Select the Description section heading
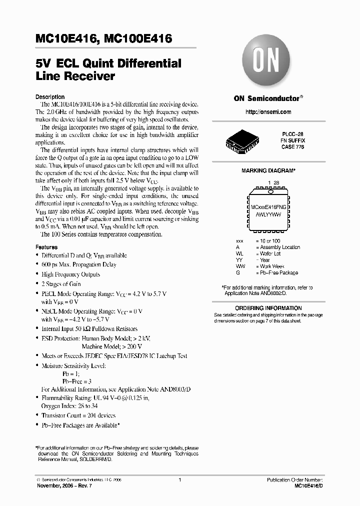[x=50, y=96]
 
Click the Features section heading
[x=46, y=247]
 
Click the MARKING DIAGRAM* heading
[x=268, y=170]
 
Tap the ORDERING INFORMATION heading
[x=268, y=308]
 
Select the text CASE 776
[x=293, y=147]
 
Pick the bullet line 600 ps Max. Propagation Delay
[x=78, y=264]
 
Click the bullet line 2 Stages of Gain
[x=61, y=283]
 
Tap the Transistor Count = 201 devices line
[x=78, y=415]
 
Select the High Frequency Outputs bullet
[x=71, y=274]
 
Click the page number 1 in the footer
[x=179, y=480]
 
